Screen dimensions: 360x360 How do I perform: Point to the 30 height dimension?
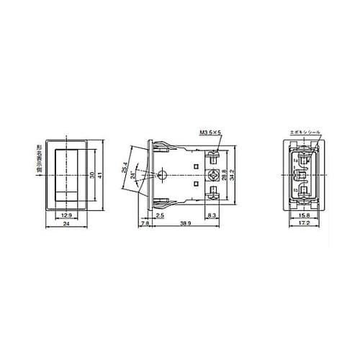click(x=91, y=175)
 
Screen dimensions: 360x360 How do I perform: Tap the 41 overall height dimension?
click(x=102, y=175)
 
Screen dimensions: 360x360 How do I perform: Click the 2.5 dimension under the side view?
click(x=159, y=215)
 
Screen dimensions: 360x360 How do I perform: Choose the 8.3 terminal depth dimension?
click(x=210, y=215)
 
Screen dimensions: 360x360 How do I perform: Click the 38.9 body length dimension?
click(x=186, y=225)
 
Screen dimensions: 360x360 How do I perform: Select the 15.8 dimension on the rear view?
click(x=305, y=215)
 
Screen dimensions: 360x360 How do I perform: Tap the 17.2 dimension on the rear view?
click(x=305, y=225)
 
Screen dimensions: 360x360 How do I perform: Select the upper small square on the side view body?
click(x=197, y=166)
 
